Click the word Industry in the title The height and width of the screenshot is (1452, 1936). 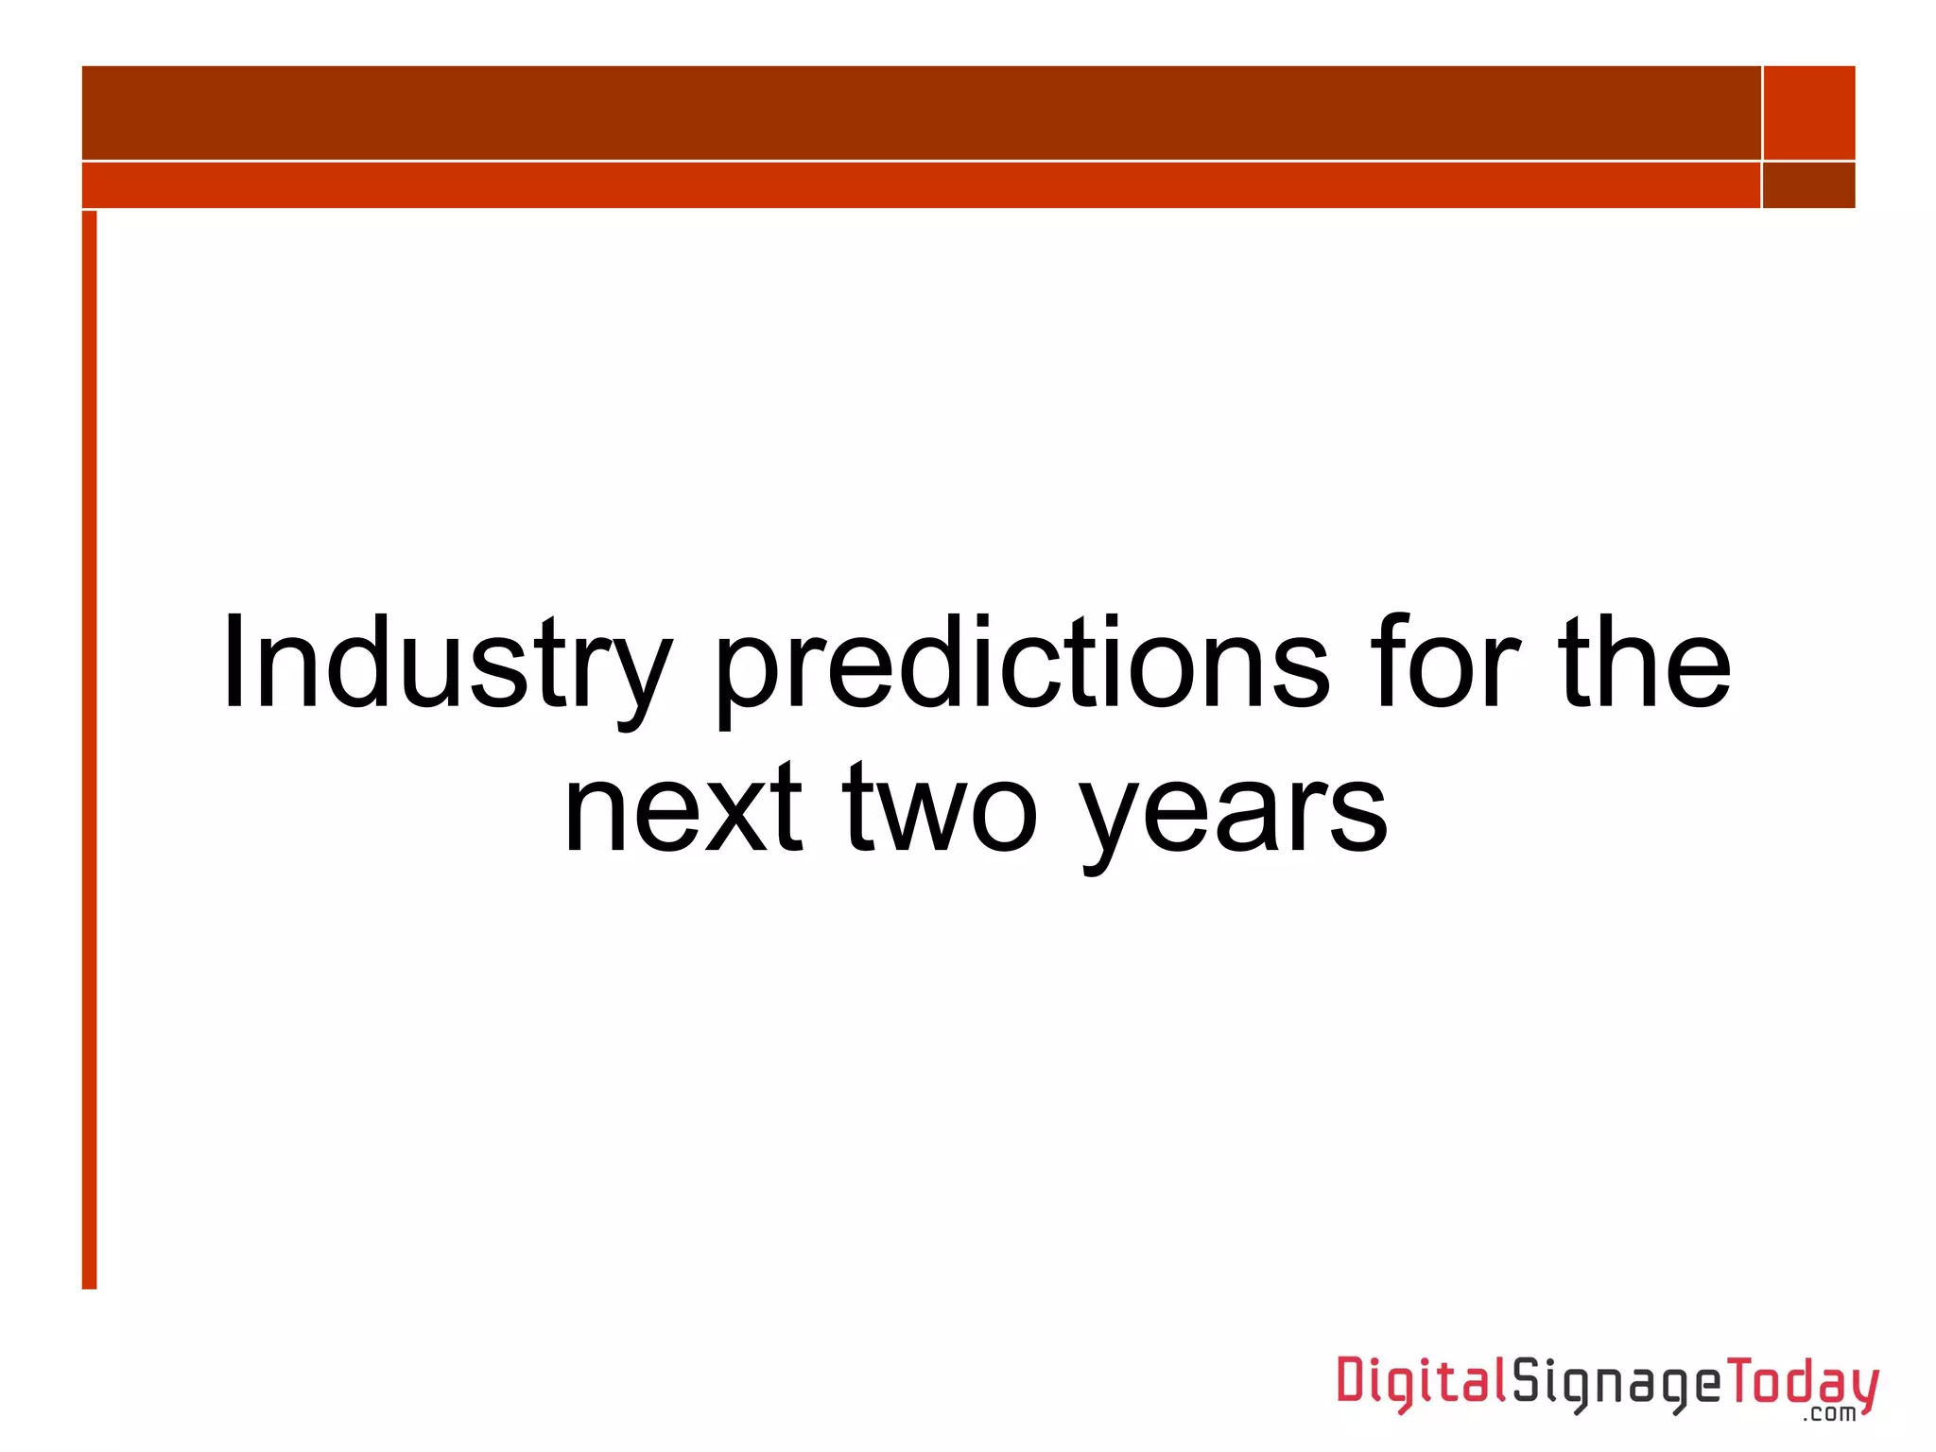[x=446, y=664]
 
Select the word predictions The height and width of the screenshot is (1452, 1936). [x=1022, y=664]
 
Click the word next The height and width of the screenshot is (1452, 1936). [x=683, y=811]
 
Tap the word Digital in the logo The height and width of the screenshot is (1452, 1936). [x=1421, y=1383]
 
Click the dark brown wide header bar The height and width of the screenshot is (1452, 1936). [x=921, y=112]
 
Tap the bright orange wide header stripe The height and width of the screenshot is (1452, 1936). [x=921, y=185]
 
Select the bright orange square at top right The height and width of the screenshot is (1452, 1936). [x=1809, y=112]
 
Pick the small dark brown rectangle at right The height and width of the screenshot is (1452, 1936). [x=1809, y=185]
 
